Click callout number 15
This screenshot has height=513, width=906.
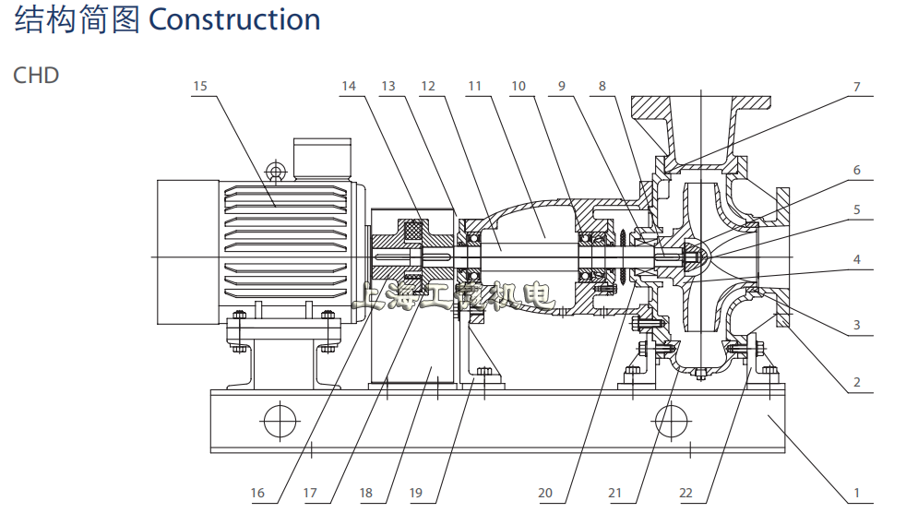200,87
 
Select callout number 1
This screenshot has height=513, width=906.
856,494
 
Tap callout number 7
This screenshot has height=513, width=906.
856,87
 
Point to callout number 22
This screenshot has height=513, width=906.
685,494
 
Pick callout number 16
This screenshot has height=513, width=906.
257,494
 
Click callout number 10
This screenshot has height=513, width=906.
519,87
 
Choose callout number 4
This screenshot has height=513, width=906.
856,260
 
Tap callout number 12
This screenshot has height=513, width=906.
428,87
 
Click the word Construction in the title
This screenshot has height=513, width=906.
234,19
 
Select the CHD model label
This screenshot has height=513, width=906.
36,75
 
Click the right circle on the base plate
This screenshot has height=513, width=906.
673,422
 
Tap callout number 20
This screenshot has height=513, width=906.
545,494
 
